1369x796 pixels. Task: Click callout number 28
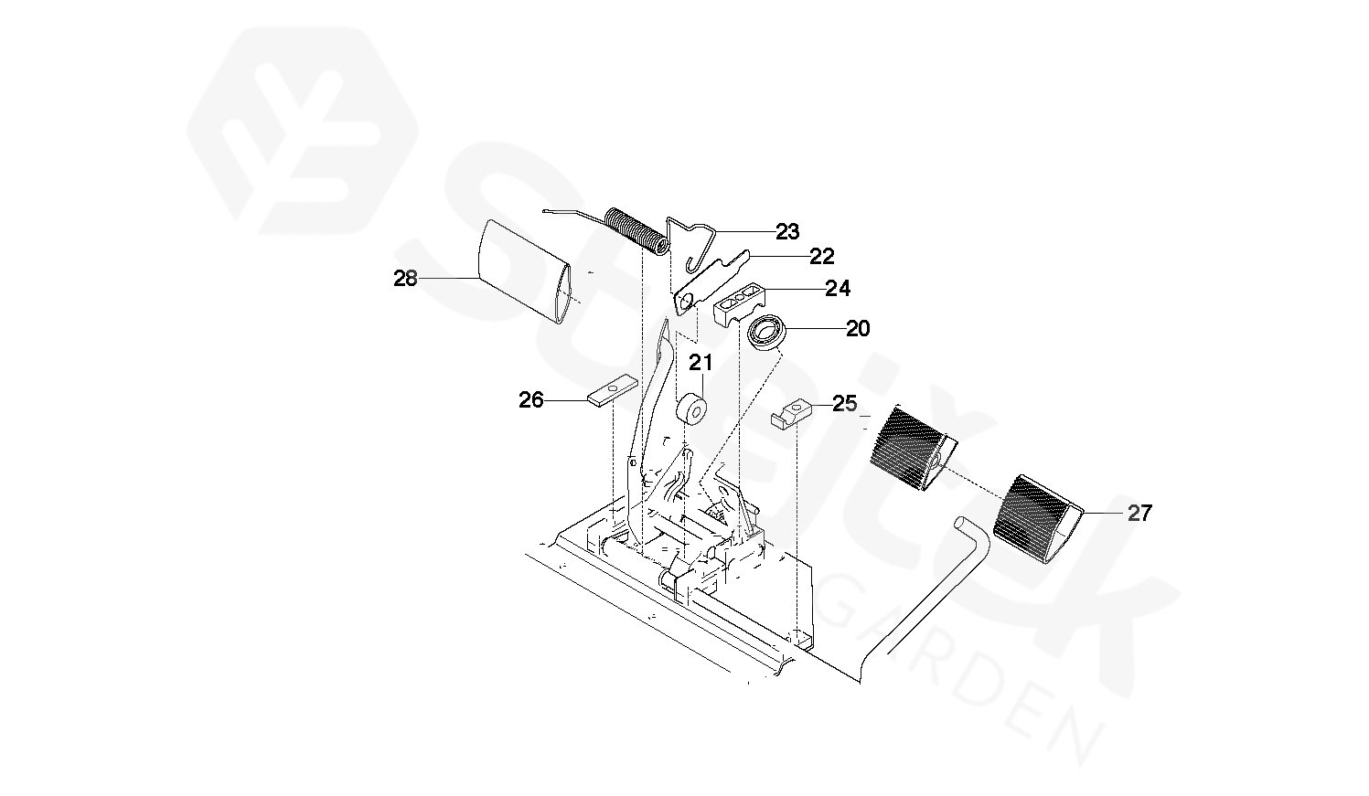pos(405,279)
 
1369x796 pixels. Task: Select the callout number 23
pos(787,232)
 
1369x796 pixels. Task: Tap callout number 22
pos(821,257)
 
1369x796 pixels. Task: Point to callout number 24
pos(837,290)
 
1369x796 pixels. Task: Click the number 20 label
pos(858,328)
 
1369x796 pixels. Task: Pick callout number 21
pos(701,363)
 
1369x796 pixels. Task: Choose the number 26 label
pos(531,400)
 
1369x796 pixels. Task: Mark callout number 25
pos(844,403)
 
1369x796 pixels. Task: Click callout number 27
pos(1139,514)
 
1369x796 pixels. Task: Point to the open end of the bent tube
pos(964,524)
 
